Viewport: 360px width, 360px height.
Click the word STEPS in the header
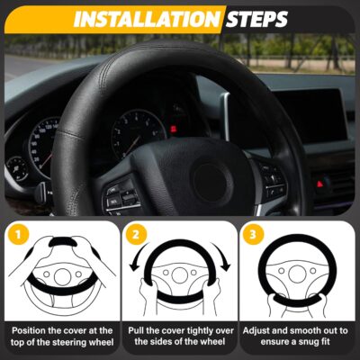click(x=257, y=17)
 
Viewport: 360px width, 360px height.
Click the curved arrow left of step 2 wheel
click(x=138, y=270)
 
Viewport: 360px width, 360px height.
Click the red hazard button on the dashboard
click(x=319, y=183)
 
